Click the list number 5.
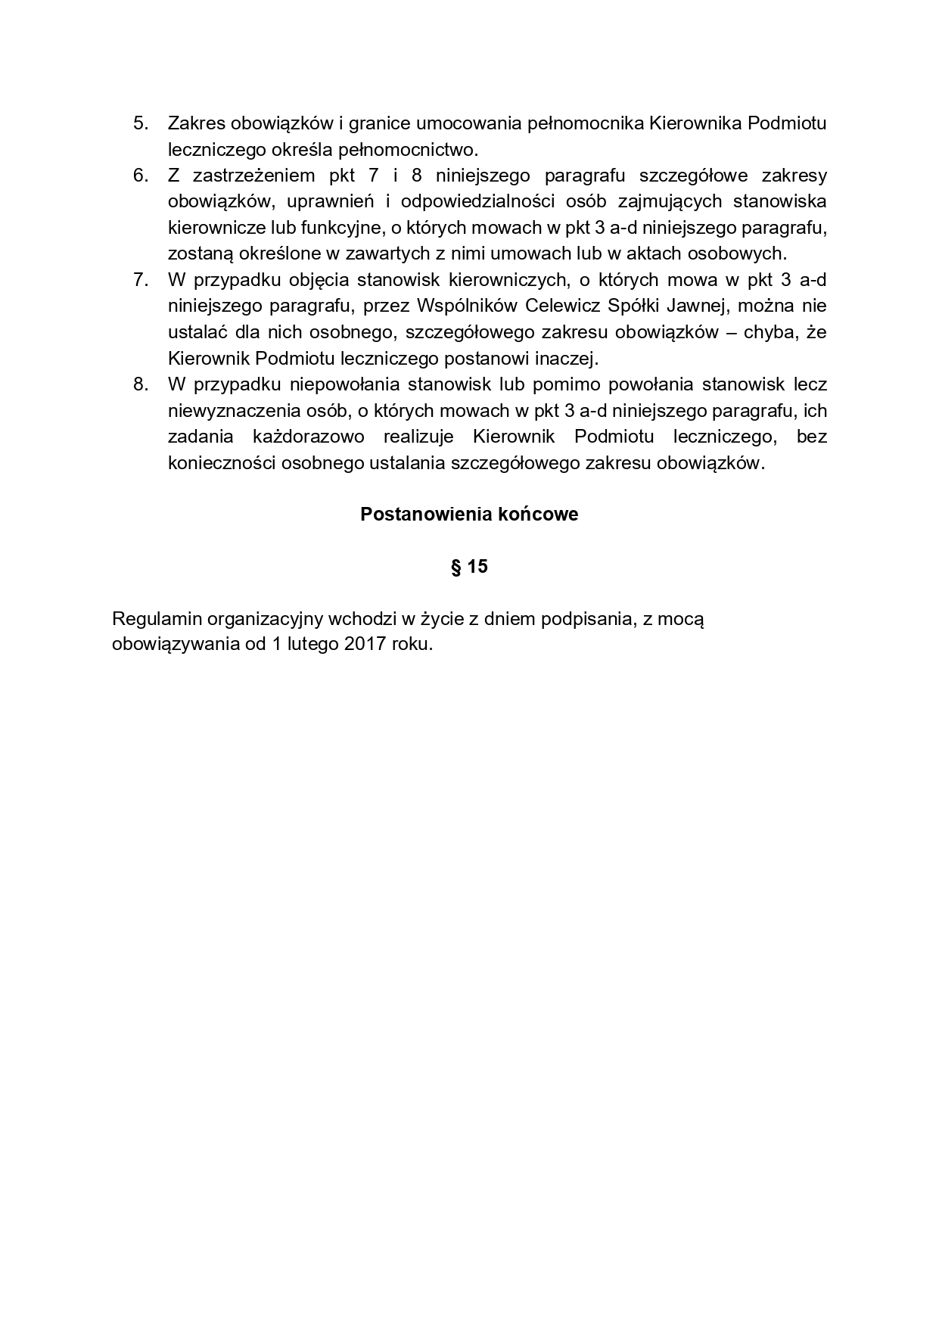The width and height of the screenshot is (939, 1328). coord(140,123)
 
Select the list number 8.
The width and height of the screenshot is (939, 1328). coord(140,384)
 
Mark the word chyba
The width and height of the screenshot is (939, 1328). coord(766,332)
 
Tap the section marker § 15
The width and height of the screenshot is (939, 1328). coord(469,567)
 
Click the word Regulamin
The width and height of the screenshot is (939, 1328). coord(157,619)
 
